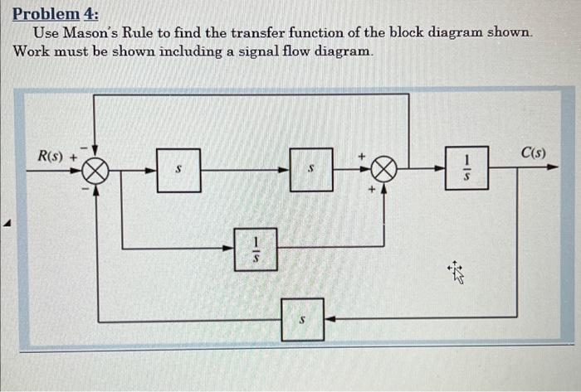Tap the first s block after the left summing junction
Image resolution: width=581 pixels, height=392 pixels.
pos(178,171)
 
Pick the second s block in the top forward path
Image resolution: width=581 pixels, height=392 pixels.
pos(311,170)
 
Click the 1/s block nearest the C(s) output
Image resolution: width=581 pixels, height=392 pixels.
pos(466,167)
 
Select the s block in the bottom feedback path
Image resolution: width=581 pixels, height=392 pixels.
pos(302,319)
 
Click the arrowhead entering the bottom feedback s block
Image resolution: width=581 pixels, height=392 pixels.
pos(329,318)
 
